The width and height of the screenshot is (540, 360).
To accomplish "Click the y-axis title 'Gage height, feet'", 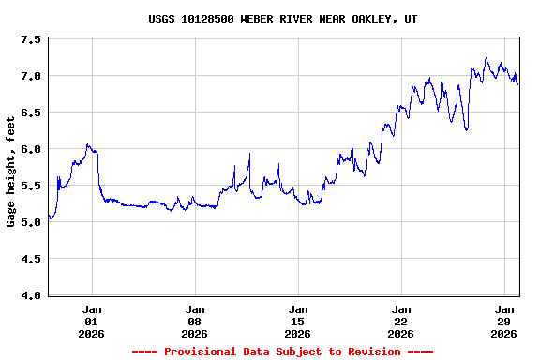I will point(11,172).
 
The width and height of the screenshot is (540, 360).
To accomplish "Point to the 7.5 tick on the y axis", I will point(31,39).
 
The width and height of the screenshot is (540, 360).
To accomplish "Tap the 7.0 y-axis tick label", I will point(31,76).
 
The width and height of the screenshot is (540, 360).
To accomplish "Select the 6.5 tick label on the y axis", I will point(31,112).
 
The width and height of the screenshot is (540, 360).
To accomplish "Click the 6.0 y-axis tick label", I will point(31,149).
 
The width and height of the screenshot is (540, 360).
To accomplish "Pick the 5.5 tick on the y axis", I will point(31,186).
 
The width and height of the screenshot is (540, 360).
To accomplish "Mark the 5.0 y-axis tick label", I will point(31,222).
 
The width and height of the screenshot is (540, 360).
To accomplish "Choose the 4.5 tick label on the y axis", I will point(31,259).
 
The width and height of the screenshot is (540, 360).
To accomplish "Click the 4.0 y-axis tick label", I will point(31,295).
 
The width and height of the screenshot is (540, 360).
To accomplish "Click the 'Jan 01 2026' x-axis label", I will point(92,321).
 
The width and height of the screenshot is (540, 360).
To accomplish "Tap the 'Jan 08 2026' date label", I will point(195,321).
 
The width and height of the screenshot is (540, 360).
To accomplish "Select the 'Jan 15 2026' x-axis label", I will point(298,321).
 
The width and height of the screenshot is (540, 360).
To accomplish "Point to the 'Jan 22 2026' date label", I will point(401,321).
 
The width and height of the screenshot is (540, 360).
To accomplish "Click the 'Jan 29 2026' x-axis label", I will point(504,321).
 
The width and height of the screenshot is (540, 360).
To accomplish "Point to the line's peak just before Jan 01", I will point(87,144).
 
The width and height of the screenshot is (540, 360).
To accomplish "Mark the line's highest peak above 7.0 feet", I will point(486,58).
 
